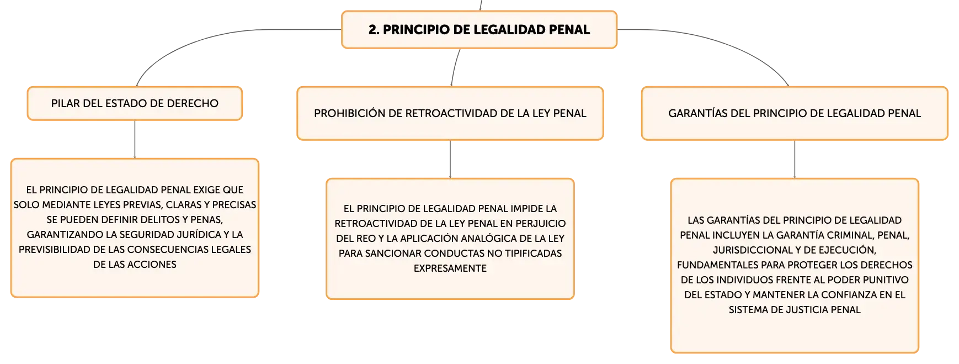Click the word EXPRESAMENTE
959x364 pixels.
(x=450, y=268)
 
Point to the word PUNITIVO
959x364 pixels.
(x=886, y=280)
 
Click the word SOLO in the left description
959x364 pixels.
(x=25, y=205)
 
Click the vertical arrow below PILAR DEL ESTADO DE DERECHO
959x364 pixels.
(x=135, y=140)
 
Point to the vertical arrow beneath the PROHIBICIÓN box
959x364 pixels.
(x=450, y=160)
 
